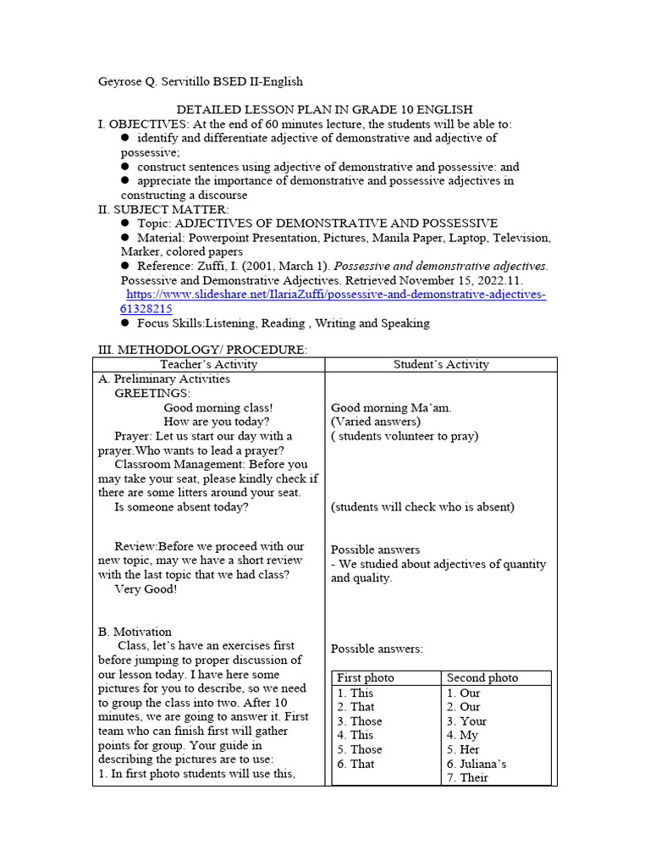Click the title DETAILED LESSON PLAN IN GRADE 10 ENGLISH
[324, 109]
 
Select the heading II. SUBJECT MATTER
[163, 209]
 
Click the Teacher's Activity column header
[208, 364]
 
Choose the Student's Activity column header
[441, 364]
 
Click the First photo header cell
[366, 677]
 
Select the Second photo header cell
[482, 677]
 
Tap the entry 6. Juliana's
[476, 764]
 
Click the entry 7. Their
[467, 777]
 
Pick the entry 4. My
[463, 735]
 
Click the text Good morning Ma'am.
[391, 407]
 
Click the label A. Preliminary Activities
[164, 378]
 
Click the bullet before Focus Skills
[124, 323]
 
